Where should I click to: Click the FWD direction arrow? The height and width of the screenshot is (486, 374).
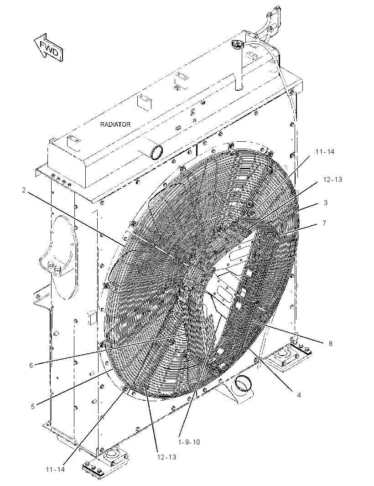(x=49, y=47)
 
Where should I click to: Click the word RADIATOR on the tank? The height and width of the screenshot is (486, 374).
(x=115, y=124)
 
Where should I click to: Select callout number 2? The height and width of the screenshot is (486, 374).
(x=24, y=190)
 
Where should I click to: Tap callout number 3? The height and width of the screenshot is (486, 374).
(x=326, y=203)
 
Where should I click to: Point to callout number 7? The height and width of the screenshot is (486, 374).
(x=324, y=223)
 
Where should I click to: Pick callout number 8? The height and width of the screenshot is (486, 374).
(x=331, y=343)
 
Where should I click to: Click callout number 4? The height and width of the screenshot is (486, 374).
(x=299, y=395)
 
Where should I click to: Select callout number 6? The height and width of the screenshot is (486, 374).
(x=31, y=366)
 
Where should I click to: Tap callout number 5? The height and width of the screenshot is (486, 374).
(x=33, y=406)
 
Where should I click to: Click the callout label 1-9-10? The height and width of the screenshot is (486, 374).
(x=189, y=442)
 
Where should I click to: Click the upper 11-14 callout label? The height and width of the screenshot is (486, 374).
(x=325, y=151)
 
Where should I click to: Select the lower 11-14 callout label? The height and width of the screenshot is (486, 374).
(x=55, y=469)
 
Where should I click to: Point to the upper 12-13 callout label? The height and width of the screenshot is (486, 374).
(x=332, y=180)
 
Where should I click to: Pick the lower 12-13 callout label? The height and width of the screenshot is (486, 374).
(x=166, y=457)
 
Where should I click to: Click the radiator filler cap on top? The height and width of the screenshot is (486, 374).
(x=238, y=45)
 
